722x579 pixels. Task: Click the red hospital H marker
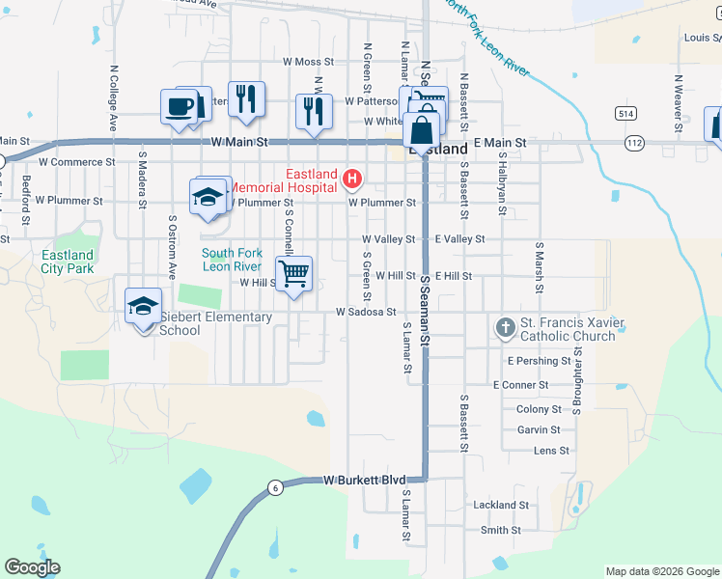tap(352, 179)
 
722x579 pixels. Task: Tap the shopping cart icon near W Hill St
tap(293, 273)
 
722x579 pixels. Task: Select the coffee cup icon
tap(180, 106)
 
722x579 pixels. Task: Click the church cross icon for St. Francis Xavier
tap(505, 328)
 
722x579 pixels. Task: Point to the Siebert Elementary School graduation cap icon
tap(143, 307)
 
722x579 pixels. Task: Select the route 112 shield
tap(634, 143)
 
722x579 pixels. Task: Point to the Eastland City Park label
tap(68, 262)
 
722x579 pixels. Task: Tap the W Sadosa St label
tap(366, 312)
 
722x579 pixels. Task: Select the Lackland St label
tap(500, 505)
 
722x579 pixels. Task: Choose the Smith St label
tap(500, 530)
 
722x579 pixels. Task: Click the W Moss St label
tap(308, 62)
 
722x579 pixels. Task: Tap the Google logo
tap(32, 567)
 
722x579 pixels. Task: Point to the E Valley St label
tap(459, 238)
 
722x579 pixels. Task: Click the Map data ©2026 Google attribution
tap(661, 571)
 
